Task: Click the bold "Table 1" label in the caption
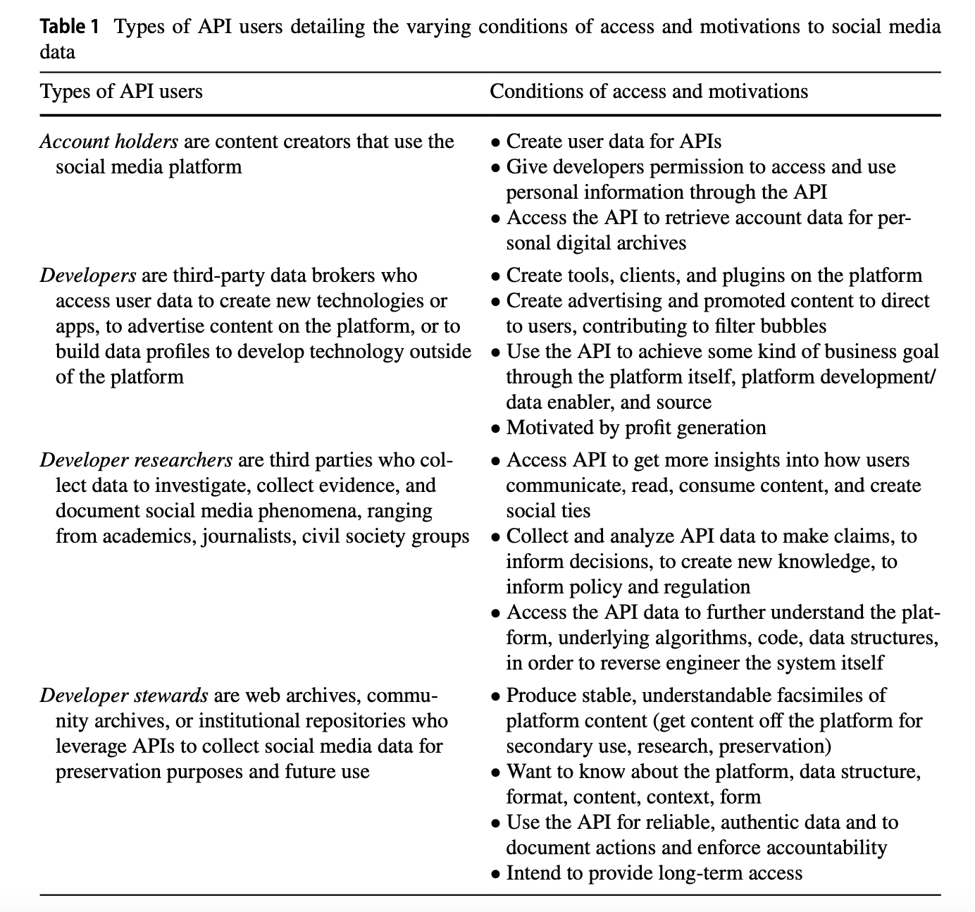click(x=70, y=27)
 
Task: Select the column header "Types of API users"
click(x=121, y=92)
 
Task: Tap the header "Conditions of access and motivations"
click(x=649, y=92)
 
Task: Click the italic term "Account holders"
click(x=109, y=142)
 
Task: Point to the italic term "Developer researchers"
click(x=136, y=460)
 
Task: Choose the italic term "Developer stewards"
click(x=124, y=696)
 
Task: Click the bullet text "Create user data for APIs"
click(x=614, y=142)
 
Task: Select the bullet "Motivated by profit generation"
click(x=635, y=428)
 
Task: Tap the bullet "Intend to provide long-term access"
click(x=654, y=873)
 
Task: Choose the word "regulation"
click(x=698, y=587)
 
